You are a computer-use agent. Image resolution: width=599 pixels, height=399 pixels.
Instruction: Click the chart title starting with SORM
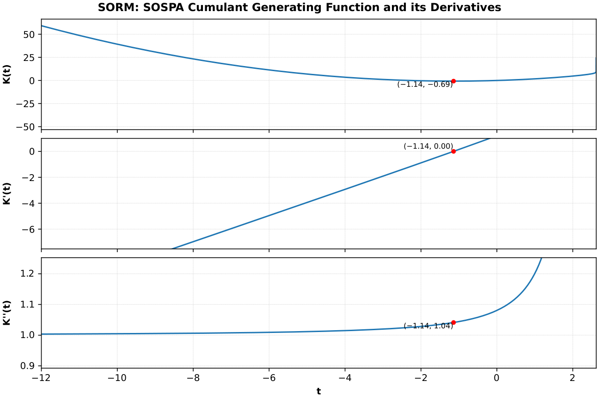(299, 8)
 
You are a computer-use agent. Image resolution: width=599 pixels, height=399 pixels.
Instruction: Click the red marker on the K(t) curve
(453, 81)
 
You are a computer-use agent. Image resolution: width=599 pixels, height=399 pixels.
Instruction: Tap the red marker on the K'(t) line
(453, 151)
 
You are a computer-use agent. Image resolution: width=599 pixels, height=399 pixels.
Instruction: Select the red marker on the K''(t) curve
(453, 322)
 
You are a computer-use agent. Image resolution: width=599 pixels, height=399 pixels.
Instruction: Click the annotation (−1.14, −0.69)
(425, 85)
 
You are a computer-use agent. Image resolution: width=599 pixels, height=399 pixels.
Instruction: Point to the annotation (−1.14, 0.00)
(428, 146)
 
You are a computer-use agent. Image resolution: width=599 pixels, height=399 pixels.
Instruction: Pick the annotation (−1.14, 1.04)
(428, 326)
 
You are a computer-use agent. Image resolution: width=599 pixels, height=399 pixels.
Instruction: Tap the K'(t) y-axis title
(7, 194)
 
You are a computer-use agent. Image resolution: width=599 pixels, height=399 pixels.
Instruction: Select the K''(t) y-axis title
(7, 313)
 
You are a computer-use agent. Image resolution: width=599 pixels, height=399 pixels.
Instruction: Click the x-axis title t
(318, 392)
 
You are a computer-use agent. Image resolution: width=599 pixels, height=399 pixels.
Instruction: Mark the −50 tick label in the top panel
(27, 127)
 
